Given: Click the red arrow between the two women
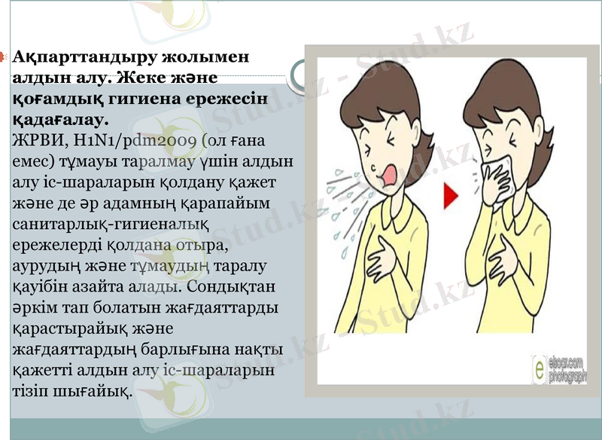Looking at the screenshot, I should pyautogui.click(x=451, y=197).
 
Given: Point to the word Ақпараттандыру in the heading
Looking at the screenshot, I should pyautogui.click(x=82, y=57).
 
